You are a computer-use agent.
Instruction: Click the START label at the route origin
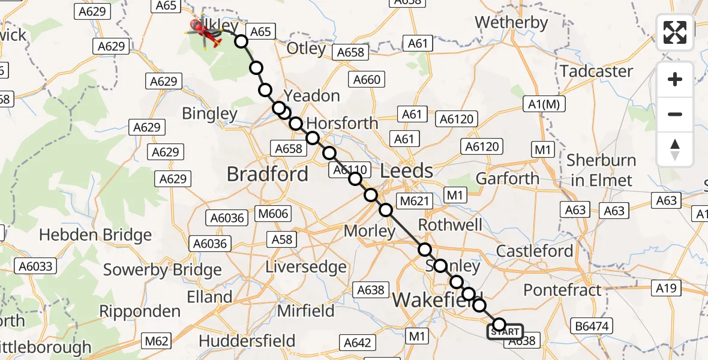pos(505,332)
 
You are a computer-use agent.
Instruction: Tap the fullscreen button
pos(675,32)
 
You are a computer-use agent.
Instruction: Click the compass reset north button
pos(675,149)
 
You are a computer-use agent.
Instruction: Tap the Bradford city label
pos(267,174)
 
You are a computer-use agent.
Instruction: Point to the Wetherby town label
pos(511,23)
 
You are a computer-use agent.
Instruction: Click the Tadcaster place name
pos(596,71)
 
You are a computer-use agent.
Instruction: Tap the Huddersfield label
pos(247,341)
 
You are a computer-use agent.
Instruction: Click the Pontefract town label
pos(562,290)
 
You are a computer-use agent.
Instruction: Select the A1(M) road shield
pos(545,104)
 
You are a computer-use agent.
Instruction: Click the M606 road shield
pos(273,214)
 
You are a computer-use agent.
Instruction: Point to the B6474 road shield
pos(592,326)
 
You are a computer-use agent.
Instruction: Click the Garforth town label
pos(507,178)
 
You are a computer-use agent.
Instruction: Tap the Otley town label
pos(307,49)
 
